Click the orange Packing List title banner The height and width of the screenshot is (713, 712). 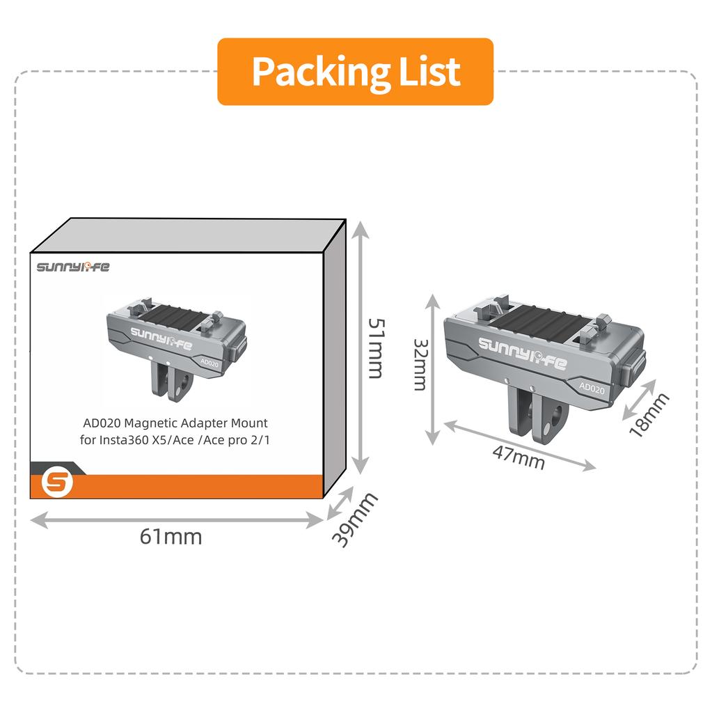355,72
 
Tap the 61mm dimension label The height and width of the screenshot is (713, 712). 171,537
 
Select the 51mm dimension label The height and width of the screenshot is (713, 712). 377,348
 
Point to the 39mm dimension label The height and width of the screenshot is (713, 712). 354,519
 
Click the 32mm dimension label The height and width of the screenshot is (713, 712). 420,365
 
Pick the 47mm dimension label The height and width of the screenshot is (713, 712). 519,458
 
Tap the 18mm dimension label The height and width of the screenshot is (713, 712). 649,414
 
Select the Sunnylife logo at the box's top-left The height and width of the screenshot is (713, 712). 73,267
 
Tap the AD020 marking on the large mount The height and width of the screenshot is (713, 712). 592,388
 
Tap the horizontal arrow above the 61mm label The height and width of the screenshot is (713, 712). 176,520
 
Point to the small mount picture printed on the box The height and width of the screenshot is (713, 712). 176,350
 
